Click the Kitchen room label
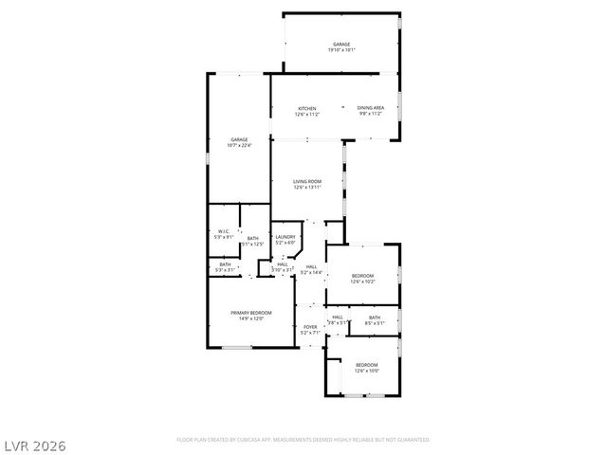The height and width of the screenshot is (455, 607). click(x=307, y=108)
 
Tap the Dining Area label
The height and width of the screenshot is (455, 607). click(x=370, y=108)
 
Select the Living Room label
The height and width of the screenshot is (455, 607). click(x=307, y=181)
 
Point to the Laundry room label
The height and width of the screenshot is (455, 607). click(x=285, y=237)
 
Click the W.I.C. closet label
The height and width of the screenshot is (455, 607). click(x=224, y=231)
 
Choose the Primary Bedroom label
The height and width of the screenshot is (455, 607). click(x=251, y=313)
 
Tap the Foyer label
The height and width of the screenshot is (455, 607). click(x=310, y=327)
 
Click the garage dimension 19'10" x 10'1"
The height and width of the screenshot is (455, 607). click(x=341, y=51)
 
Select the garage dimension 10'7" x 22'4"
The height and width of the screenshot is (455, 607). click(x=238, y=145)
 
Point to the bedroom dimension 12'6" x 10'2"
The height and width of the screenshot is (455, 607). click(x=363, y=282)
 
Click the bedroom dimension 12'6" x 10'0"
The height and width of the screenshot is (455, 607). click(x=366, y=371)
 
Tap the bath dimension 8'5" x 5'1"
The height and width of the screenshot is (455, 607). click(x=374, y=323)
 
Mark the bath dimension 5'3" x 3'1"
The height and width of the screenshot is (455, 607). click(x=225, y=270)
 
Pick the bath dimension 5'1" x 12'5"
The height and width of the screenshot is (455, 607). click(x=252, y=245)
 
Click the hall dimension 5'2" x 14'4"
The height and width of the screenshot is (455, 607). click(x=312, y=272)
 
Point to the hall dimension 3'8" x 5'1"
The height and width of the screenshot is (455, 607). click(x=338, y=323)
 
